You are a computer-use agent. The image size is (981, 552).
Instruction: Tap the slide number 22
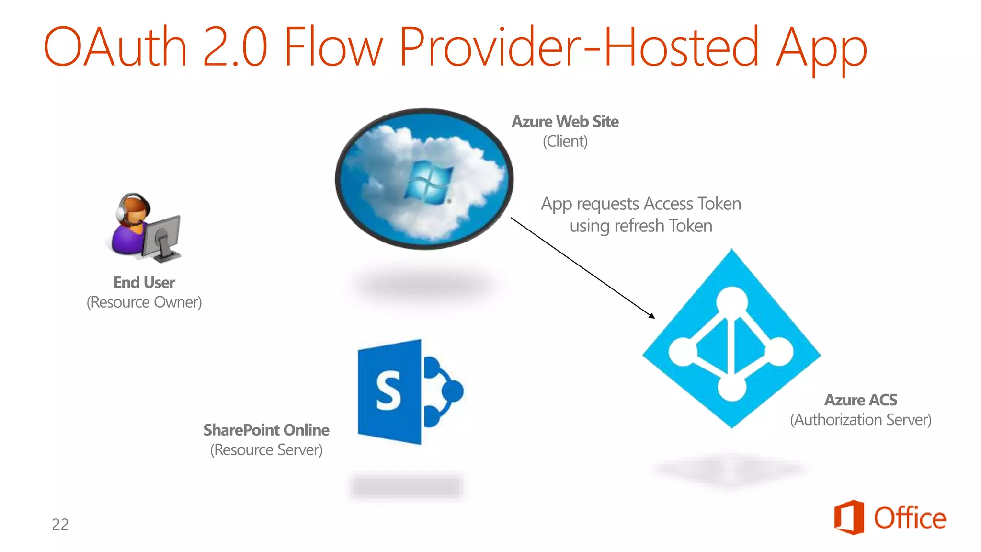click(60, 524)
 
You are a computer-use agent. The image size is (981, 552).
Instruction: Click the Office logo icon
click(849, 517)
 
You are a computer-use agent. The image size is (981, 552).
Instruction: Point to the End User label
click(144, 282)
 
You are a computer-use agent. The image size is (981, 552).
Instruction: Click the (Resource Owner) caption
click(144, 302)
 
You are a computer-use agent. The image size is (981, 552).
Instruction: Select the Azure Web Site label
click(565, 122)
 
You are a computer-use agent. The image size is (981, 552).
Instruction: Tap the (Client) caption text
click(565, 141)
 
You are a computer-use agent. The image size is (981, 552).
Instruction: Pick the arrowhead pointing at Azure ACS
click(652, 316)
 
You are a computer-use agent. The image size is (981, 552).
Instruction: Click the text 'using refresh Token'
click(641, 226)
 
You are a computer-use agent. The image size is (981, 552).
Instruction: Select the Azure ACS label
click(861, 400)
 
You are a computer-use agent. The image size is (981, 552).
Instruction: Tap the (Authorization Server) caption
click(861, 420)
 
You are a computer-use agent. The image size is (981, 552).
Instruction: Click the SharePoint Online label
click(266, 430)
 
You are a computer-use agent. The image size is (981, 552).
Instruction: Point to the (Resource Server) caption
click(266, 450)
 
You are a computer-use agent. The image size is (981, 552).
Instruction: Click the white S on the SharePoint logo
click(388, 391)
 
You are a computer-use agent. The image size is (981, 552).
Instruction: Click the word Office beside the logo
click(910, 518)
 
